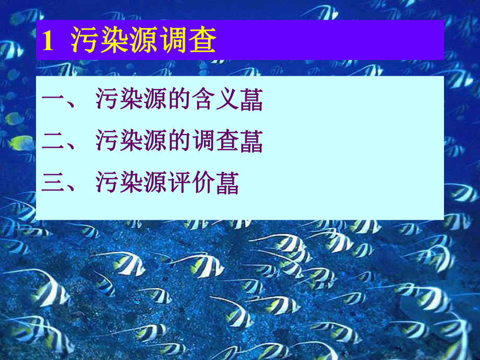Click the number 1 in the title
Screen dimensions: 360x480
[47, 41]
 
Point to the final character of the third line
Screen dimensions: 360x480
[227, 184]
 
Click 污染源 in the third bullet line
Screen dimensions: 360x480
[131, 184]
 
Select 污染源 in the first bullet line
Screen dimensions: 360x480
[131, 100]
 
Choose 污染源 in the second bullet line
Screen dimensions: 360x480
[131, 142]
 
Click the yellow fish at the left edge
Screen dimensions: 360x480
[21, 142]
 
